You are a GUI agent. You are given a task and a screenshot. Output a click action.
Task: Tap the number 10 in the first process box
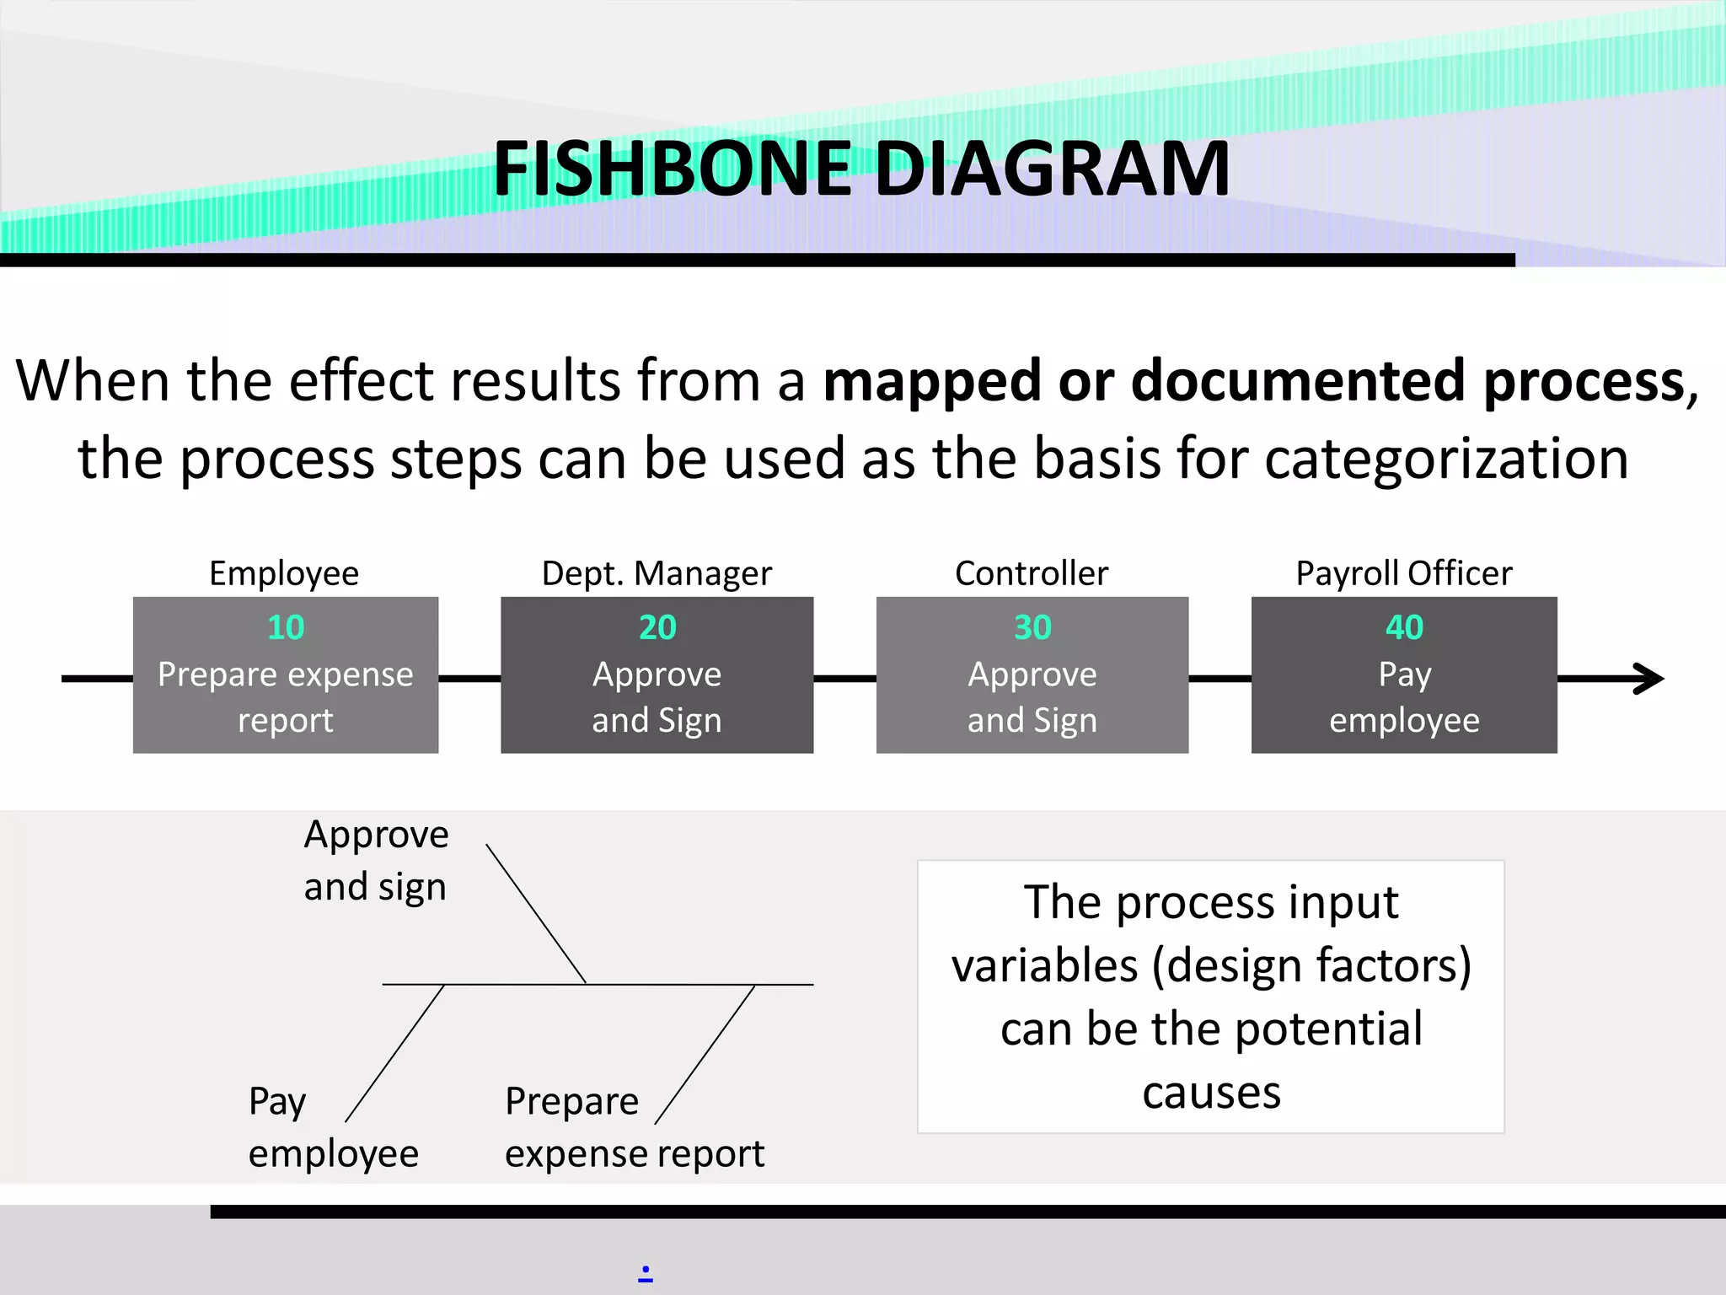point(286,627)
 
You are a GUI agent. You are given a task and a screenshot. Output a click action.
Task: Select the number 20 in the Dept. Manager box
point(657,627)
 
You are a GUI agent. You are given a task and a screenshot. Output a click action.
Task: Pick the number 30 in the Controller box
point(1032,627)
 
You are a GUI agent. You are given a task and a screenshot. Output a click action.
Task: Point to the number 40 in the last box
point(1404,627)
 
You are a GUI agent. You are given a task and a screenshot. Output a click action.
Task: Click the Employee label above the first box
point(284,573)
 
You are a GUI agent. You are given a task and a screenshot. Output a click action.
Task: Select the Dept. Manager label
point(657,573)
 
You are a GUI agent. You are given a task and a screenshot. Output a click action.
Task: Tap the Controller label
point(1032,573)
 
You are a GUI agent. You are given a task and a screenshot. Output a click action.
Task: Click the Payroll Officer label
point(1404,573)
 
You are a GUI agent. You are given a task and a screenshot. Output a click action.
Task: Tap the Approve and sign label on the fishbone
point(376,861)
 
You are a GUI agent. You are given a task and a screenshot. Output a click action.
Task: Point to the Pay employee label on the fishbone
point(333,1127)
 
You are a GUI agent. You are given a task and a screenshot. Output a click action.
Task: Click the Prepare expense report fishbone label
point(634,1127)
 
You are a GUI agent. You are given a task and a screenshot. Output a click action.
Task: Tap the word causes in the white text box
point(1211,1093)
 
